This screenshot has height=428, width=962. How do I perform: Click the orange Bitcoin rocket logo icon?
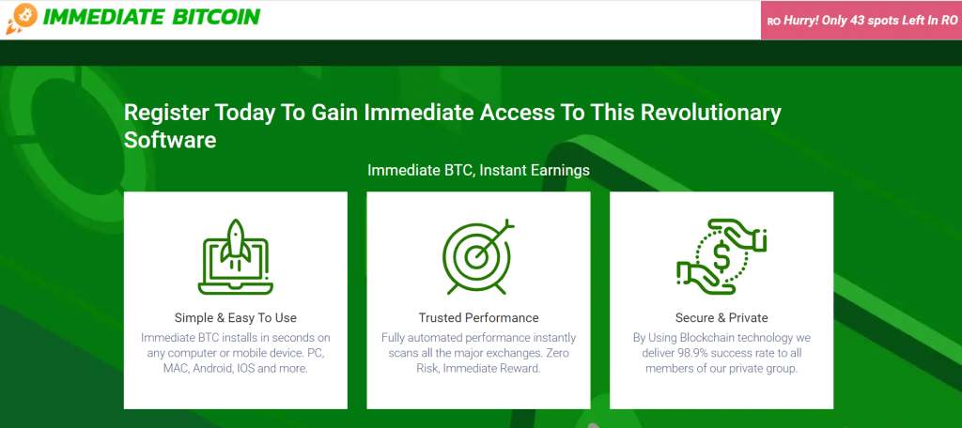[20, 19]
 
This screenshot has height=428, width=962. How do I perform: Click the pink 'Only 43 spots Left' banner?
[861, 20]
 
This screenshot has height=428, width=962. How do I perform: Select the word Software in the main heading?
[170, 140]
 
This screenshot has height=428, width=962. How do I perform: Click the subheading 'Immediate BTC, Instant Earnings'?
[478, 170]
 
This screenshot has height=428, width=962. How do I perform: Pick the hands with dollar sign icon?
[721, 252]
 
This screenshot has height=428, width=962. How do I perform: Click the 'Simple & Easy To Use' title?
[235, 317]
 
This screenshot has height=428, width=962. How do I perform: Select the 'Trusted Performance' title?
[478, 317]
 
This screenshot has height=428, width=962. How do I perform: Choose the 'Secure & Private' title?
[721, 317]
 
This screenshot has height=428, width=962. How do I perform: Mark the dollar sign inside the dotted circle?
[721, 253]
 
